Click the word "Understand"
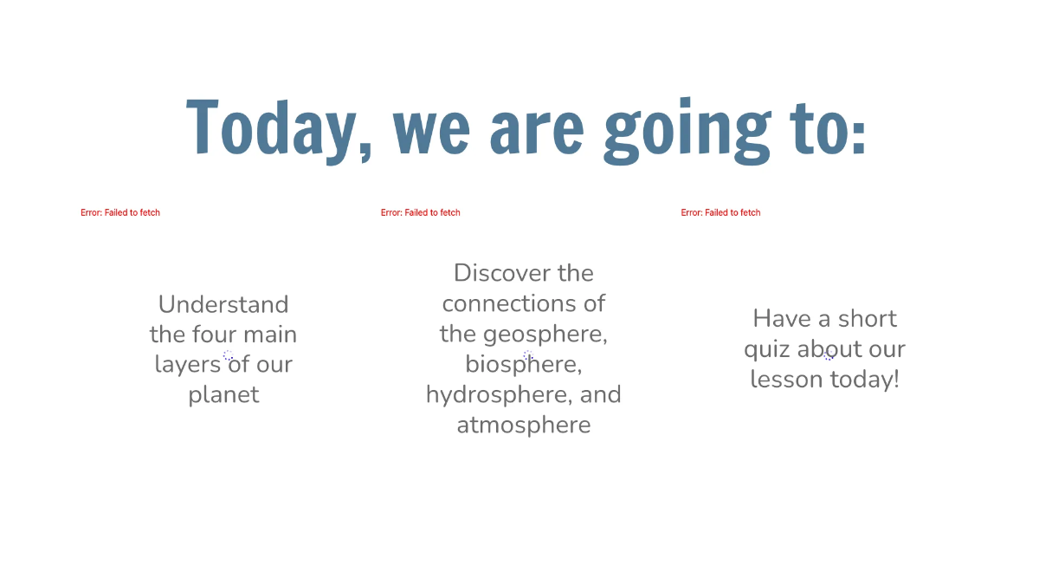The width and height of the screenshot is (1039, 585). pos(223,304)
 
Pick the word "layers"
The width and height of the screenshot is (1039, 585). pos(187,365)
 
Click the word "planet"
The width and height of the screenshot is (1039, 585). pos(223,395)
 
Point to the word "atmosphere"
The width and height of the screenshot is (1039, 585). pos(524,425)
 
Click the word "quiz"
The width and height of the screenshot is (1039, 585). pos(767,349)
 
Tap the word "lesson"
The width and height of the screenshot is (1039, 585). pos(786,380)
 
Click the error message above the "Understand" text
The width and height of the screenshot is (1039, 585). pos(120,212)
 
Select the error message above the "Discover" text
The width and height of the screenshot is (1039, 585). pos(421,212)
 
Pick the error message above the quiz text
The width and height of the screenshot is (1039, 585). pos(721,212)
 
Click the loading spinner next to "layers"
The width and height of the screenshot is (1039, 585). pos(228,355)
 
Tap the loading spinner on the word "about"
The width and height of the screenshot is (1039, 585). pos(829,355)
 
